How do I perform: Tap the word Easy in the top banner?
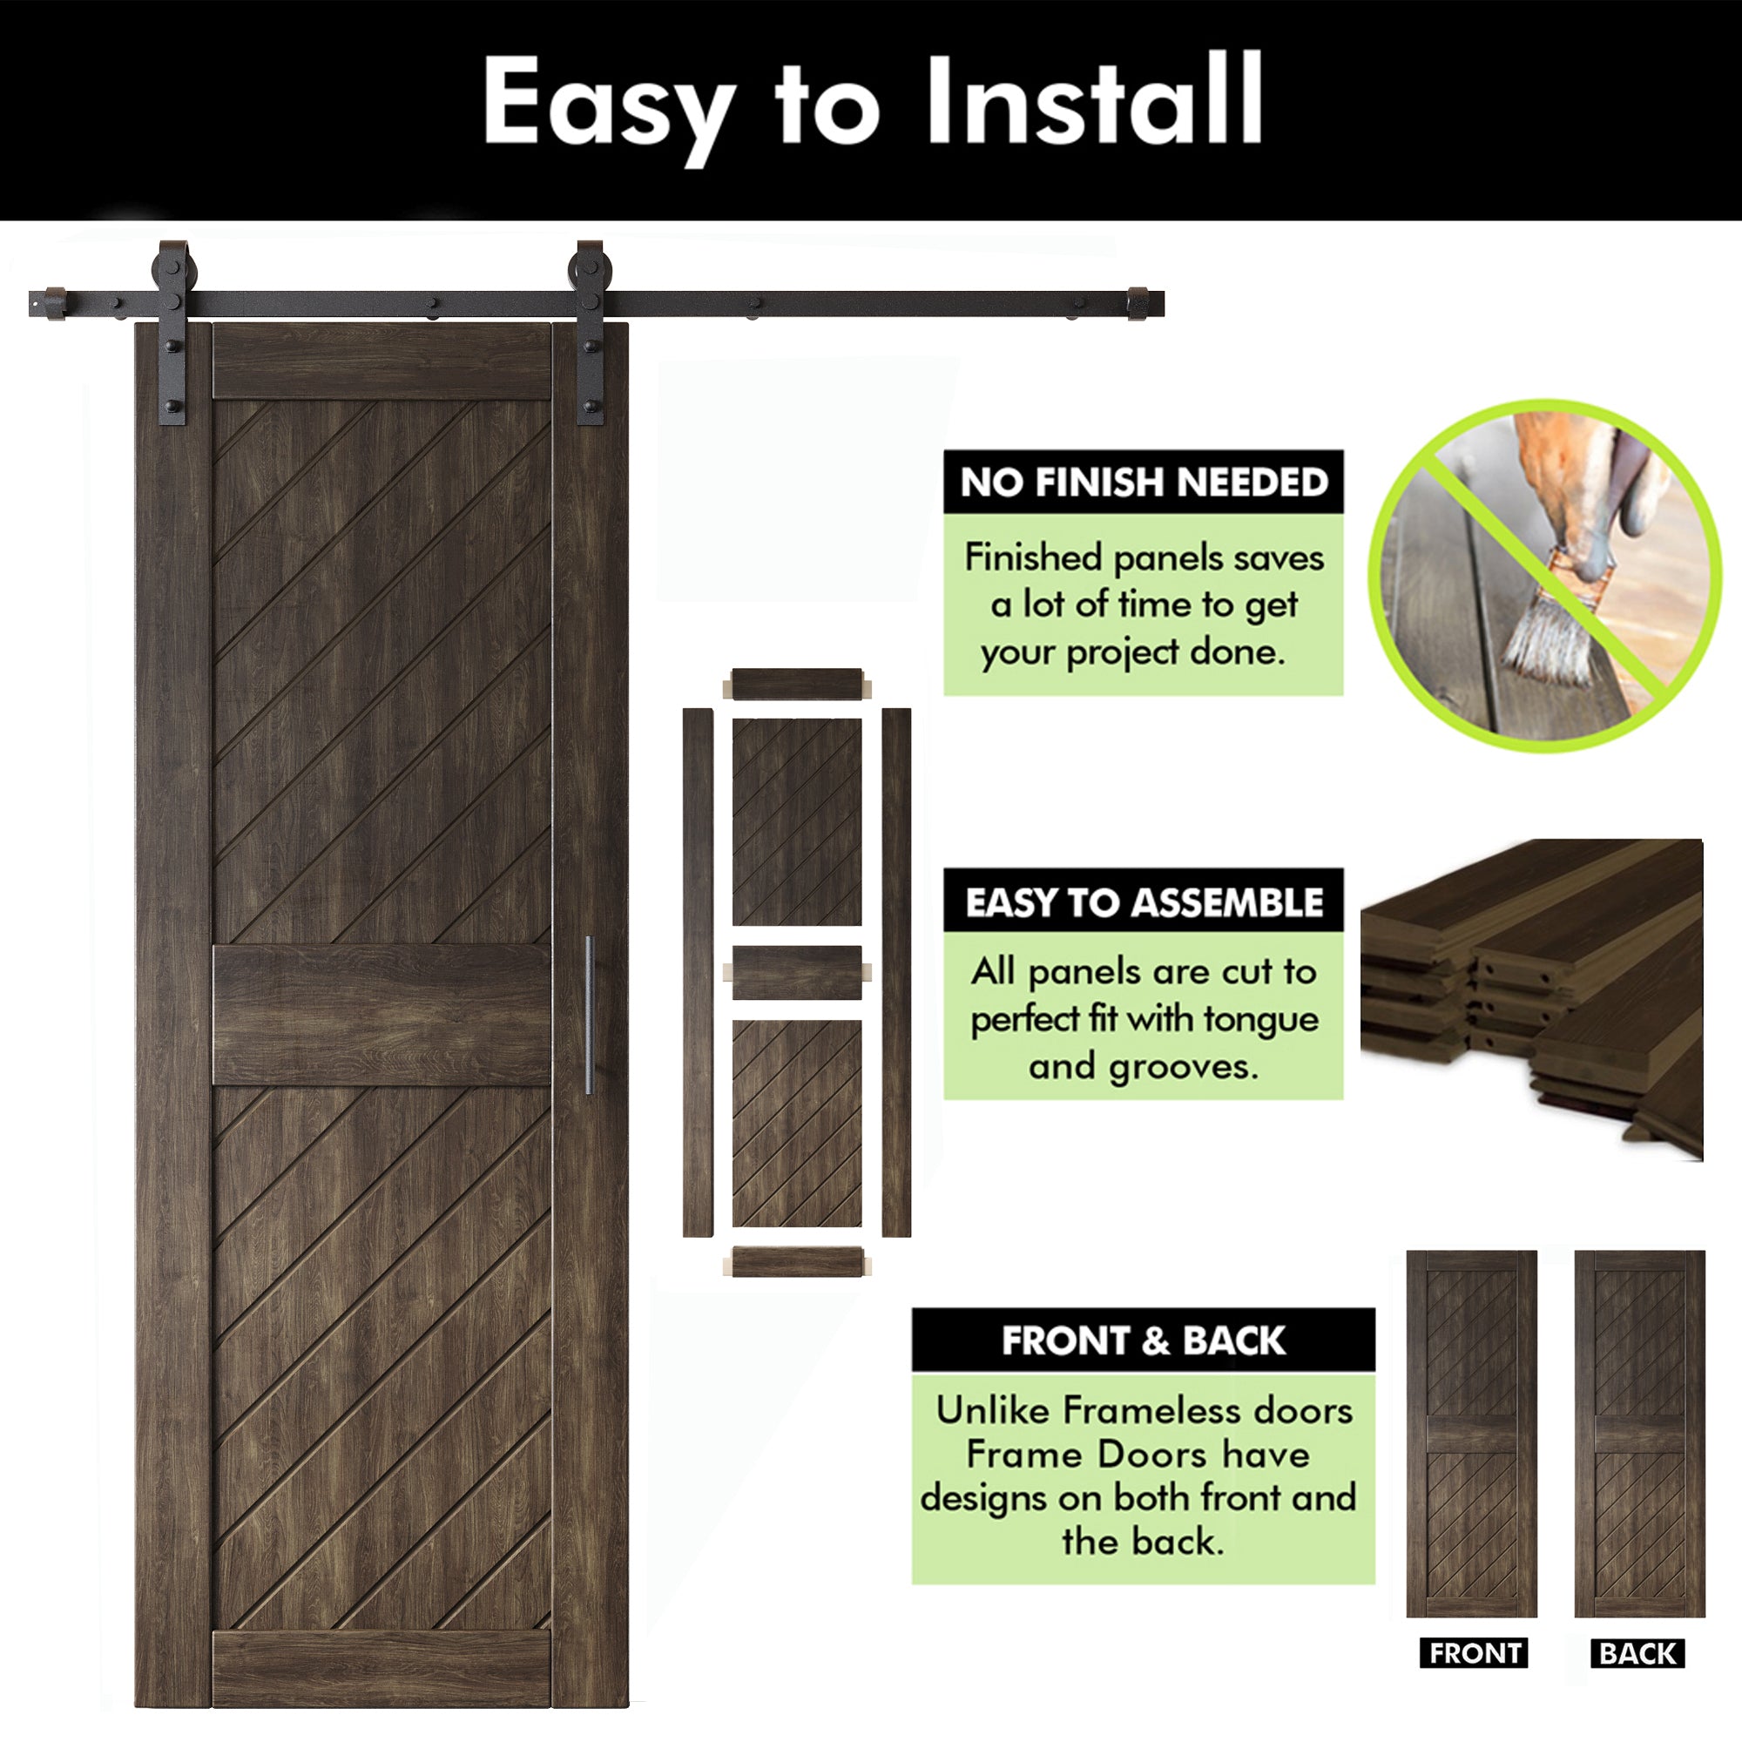tap(607, 110)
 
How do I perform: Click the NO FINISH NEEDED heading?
tap(1144, 483)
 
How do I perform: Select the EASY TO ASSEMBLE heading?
tap(1144, 902)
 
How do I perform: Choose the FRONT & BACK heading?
tap(1144, 1340)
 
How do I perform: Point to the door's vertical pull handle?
tap(589, 1016)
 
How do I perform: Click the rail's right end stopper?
tap(1138, 303)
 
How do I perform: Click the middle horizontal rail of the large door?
tap(381, 1015)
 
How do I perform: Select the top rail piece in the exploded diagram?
tap(797, 685)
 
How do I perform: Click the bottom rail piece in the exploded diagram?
tap(797, 1261)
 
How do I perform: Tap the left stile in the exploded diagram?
tap(698, 973)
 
